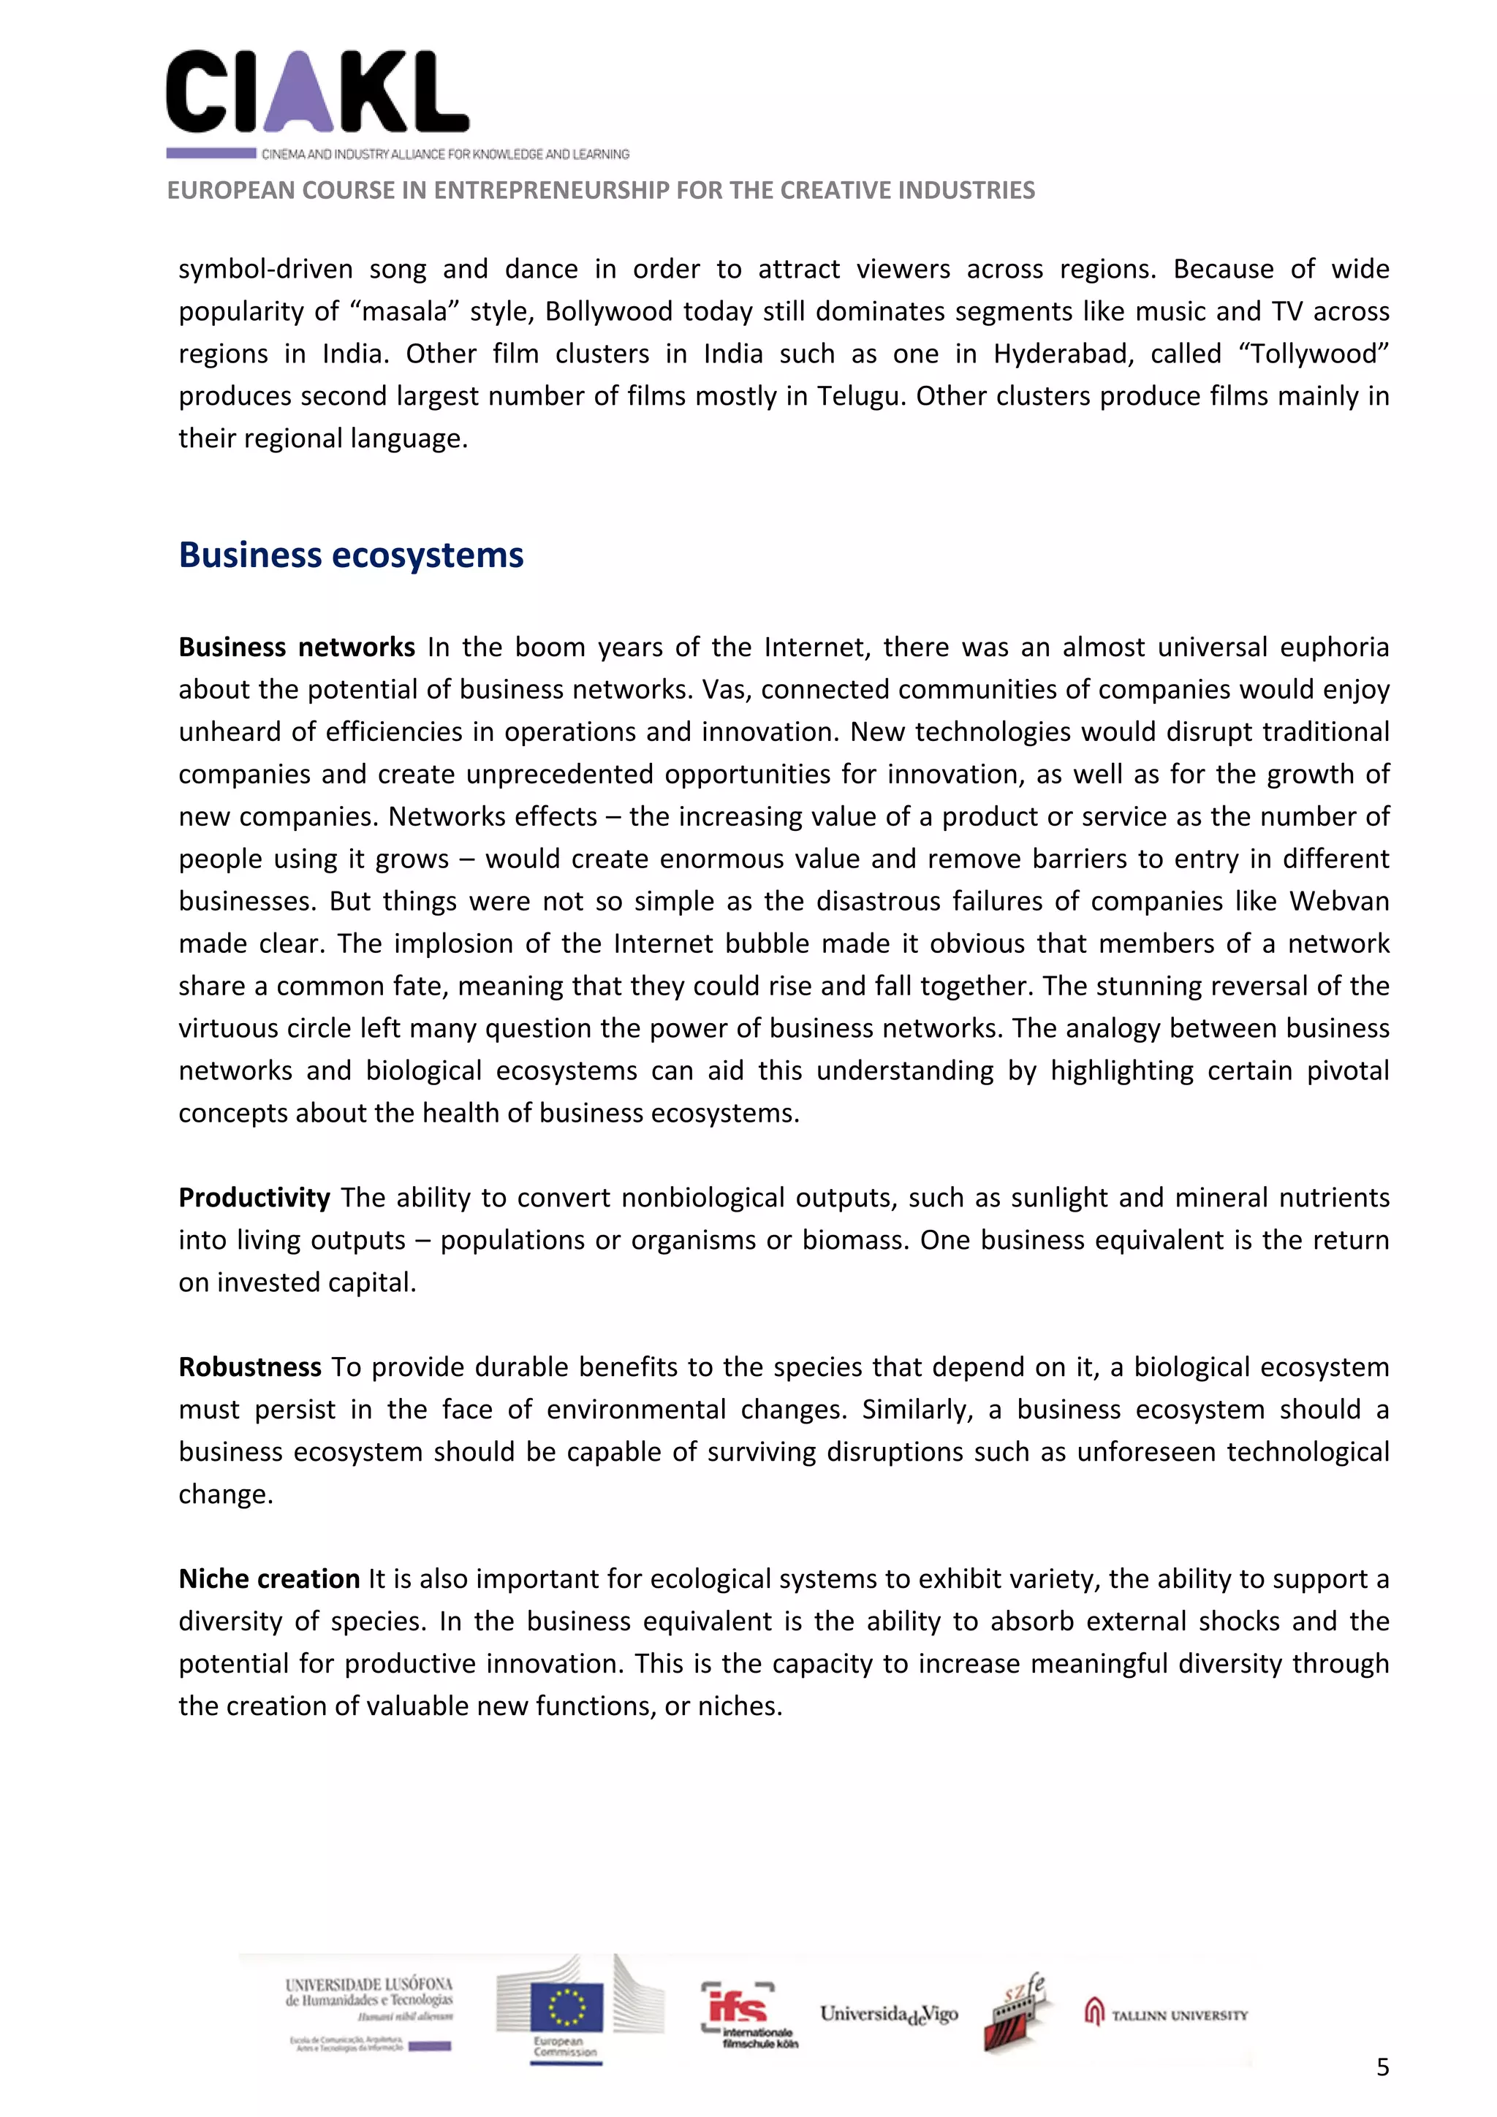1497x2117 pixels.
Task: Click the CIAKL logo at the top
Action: click(317, 92)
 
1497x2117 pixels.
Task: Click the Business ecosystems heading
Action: click(351, 556)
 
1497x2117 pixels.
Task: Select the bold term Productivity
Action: click(254, 1198)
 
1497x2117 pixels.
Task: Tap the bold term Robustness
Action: click(249, 1367)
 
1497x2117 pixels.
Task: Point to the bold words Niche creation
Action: click(268, 1579)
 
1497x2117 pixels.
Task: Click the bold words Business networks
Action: click(296, 647)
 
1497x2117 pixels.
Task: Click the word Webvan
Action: click(1338, 901)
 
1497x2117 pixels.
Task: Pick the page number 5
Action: click(1382, 2067)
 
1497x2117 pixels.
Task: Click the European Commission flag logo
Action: click(566, 2012)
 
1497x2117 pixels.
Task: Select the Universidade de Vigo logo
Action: click(888, 2015)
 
